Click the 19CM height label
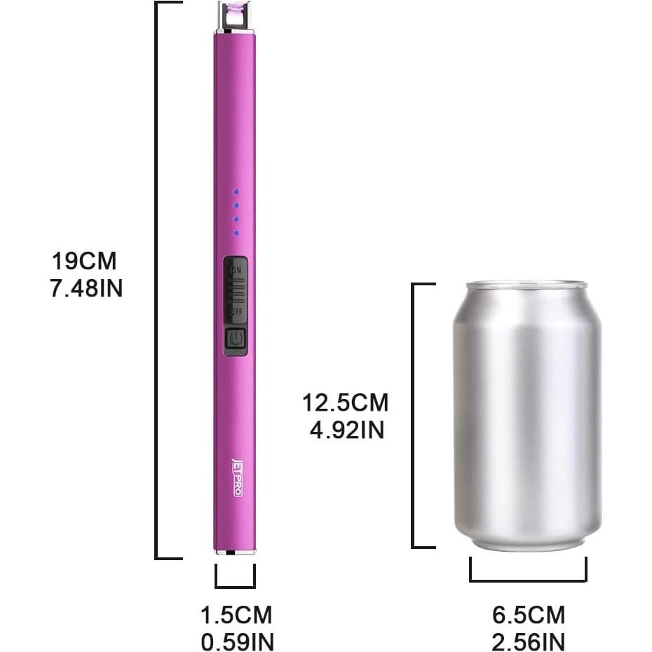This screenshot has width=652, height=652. point(84,262)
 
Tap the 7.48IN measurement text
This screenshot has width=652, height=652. point(86,288)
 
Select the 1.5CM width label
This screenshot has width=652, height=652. point(236,616)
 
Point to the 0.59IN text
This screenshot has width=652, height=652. point(237,641)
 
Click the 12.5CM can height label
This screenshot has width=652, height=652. point(346,403)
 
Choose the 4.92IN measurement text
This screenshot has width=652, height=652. point(347,429)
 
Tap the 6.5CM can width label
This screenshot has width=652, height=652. point(528,616)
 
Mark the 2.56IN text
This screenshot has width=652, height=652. point(528,641)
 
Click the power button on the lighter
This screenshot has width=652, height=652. point(236,341)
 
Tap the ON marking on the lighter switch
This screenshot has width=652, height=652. point(236,269)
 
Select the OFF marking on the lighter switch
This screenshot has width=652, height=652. point(236,311)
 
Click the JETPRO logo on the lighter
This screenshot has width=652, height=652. point(236,477)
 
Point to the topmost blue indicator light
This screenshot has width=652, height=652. point(236,191)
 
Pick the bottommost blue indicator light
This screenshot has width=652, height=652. point(236,233)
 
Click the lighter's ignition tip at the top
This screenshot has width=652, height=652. point(234,14)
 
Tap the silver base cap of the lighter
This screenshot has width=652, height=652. point(235,552)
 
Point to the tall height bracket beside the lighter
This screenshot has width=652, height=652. point(157,280)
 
